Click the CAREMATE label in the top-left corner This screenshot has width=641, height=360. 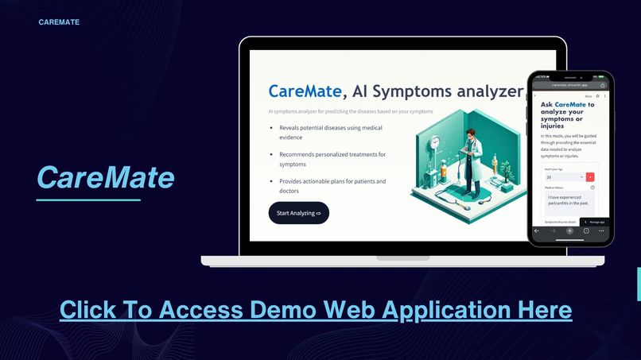pyautogui.click(x=59, y=22)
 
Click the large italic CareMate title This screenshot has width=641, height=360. pyautogui.click(x=106, y=177)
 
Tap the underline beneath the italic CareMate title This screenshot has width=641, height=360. pyautogui.click(x=88, y=200)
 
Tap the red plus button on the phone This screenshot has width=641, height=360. pyautogui.click(x=590, y=177)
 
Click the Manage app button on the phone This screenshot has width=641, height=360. pyautogui.click(x=595, y=222)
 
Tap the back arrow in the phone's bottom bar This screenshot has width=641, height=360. pyautogui.click(x=537, y=230)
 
